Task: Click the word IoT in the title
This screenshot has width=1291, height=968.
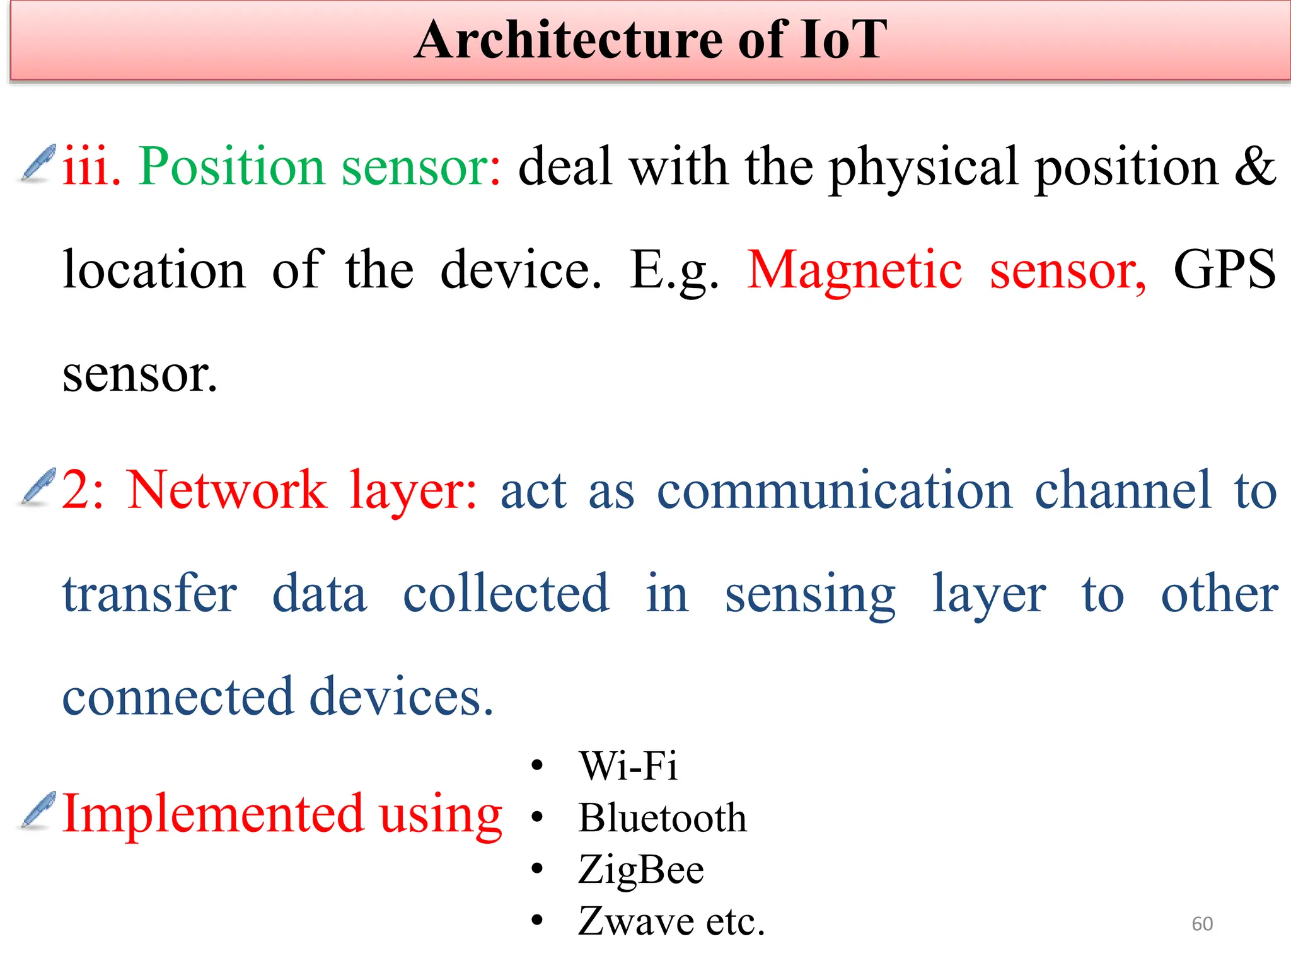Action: [843, 40]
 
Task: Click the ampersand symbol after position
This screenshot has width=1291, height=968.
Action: [1254, 166]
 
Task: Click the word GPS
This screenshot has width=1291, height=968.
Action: [1224, 270]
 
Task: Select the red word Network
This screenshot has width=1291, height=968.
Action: [227, 490]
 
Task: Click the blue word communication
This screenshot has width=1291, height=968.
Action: [834, 490]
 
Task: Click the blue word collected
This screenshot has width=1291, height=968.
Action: [506, 594]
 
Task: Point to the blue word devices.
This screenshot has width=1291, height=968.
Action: [401, 697]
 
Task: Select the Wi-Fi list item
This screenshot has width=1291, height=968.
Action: [628, 766]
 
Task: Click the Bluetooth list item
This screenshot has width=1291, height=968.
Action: [662, 818]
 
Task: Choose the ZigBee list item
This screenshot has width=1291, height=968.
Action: [640, 870]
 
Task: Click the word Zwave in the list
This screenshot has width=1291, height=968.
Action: [636, 921]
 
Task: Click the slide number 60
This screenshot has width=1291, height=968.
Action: [1202, 924]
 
